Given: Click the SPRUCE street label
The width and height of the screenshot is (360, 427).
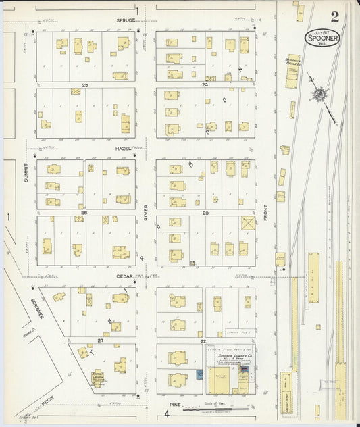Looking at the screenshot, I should click(126, 21).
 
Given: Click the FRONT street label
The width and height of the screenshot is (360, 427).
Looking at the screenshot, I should click(267, 212).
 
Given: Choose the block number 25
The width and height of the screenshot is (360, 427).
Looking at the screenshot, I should click(85, 85).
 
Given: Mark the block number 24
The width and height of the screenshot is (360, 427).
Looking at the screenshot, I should click(205, 85).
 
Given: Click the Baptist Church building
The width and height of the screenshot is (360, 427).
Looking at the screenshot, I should click(98, 378).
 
